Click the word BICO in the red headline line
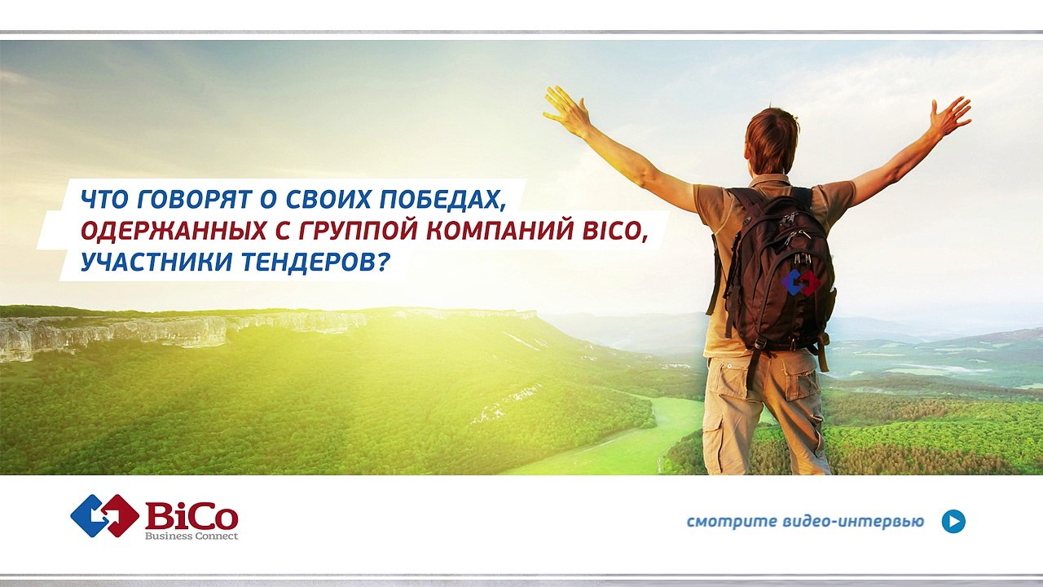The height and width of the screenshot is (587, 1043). coord(614,232)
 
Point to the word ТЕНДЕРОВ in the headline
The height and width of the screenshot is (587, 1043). coord(316,263)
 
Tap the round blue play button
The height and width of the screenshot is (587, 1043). coord(953,521)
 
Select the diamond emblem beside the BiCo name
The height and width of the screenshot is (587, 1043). coord(105,516)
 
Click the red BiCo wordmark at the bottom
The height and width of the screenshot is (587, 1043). coord(191,516)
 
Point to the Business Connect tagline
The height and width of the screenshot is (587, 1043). coord(191,536)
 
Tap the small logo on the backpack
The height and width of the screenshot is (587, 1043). coord(800,282)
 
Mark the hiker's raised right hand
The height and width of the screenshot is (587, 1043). coord(950,117)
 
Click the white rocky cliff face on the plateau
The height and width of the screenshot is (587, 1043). coord(117,334)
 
